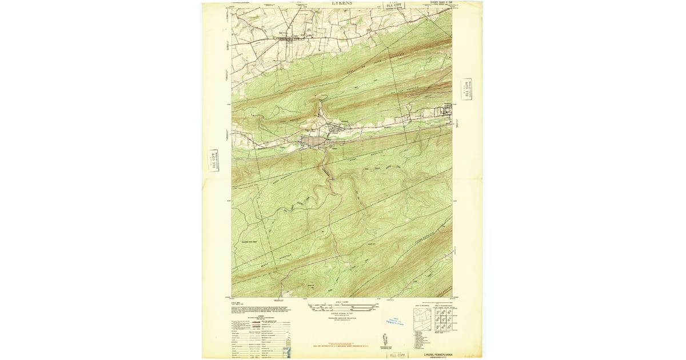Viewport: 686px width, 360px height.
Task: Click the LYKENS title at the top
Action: coord(342,3)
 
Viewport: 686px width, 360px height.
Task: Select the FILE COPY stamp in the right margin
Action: coord(466,89)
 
